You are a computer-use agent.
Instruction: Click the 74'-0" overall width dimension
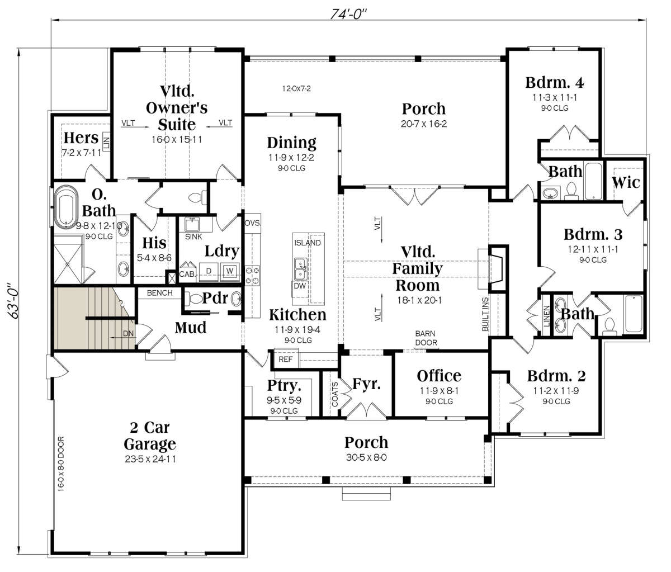pos(348,14)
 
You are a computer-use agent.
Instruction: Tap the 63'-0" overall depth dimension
pos(13,300)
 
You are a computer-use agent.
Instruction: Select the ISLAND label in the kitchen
pos(308,243)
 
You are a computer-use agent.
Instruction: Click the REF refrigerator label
pos(285,359)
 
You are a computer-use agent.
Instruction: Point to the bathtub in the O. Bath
pos(66,206)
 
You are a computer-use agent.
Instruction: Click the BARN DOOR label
pos(426,338)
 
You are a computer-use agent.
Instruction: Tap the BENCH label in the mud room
pos(160,293)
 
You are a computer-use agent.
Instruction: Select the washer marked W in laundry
pos(230,271)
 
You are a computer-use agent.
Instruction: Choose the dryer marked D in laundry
pos(209,271)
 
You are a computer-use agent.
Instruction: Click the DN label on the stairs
pos(128,333)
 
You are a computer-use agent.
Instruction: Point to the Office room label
pos(439,376)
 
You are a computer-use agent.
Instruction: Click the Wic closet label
pos(626,182)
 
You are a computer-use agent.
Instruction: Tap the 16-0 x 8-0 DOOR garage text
pos(61,464)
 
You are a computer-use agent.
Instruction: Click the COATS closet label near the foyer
pos(335,394)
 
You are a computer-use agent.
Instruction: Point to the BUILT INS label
pos(485,314)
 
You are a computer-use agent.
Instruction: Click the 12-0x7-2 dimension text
pos(296,88)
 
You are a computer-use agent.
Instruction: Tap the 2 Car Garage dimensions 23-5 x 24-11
pos(150,459)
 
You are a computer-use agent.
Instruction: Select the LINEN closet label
pos(547,316)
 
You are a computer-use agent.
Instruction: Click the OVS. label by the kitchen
pos(252,223)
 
